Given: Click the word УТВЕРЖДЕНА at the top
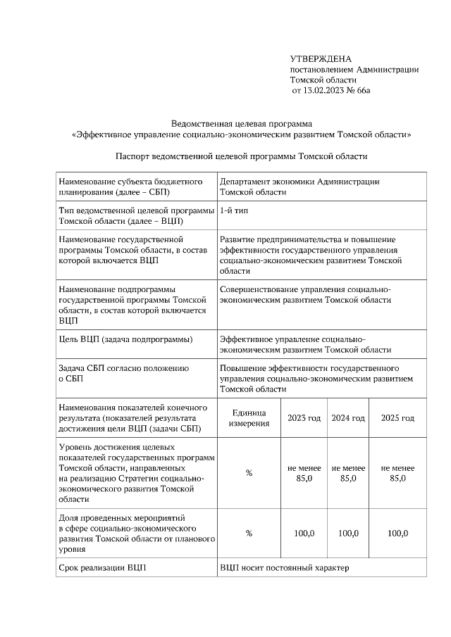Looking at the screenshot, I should point(321,58).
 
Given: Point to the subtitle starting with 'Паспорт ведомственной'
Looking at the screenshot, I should point(242,156).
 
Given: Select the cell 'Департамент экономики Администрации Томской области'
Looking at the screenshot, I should point(299,186).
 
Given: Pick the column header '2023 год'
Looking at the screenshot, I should point(304,418).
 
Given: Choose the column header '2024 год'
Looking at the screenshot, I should point(348,418).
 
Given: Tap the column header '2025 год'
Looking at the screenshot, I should point(397,418).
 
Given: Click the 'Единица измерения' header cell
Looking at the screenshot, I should point(249,418).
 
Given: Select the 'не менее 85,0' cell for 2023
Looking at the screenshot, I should point(304,473).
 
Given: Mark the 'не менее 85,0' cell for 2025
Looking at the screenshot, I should point(397,473).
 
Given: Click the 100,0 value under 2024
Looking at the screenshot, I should point(348,534).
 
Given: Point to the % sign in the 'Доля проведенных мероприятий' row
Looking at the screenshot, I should point(249,534).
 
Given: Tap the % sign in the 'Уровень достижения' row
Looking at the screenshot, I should point(249,473).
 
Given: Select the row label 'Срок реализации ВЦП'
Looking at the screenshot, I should point(103,567).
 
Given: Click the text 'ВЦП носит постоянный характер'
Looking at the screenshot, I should point(284,567).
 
